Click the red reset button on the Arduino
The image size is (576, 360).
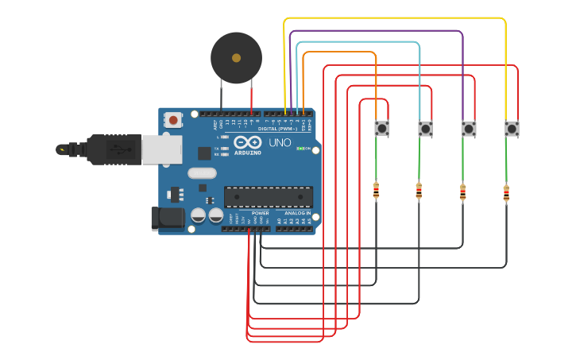tap(172, 120)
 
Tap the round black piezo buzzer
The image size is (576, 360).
tap(236, 58)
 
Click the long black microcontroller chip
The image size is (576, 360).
tap(268, 196)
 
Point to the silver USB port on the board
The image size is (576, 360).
tap(162, 149)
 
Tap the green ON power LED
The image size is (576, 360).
tap(300, 149)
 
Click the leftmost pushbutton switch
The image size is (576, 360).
tap(382, 128)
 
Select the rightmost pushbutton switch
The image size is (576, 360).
tap(512, 128)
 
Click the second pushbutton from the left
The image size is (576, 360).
tap(425, 128)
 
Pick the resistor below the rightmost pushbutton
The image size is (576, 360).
tap(506, 192)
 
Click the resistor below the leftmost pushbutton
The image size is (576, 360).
tap(376, 191)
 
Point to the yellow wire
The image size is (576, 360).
tap(397, 17)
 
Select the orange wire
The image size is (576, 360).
tap(342, 52)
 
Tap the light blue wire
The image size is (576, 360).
tap(358, 42)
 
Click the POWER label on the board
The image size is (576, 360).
tap(260, 213)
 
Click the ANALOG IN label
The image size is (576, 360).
tap(297, 213)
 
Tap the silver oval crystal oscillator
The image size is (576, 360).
tap(202, 172)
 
